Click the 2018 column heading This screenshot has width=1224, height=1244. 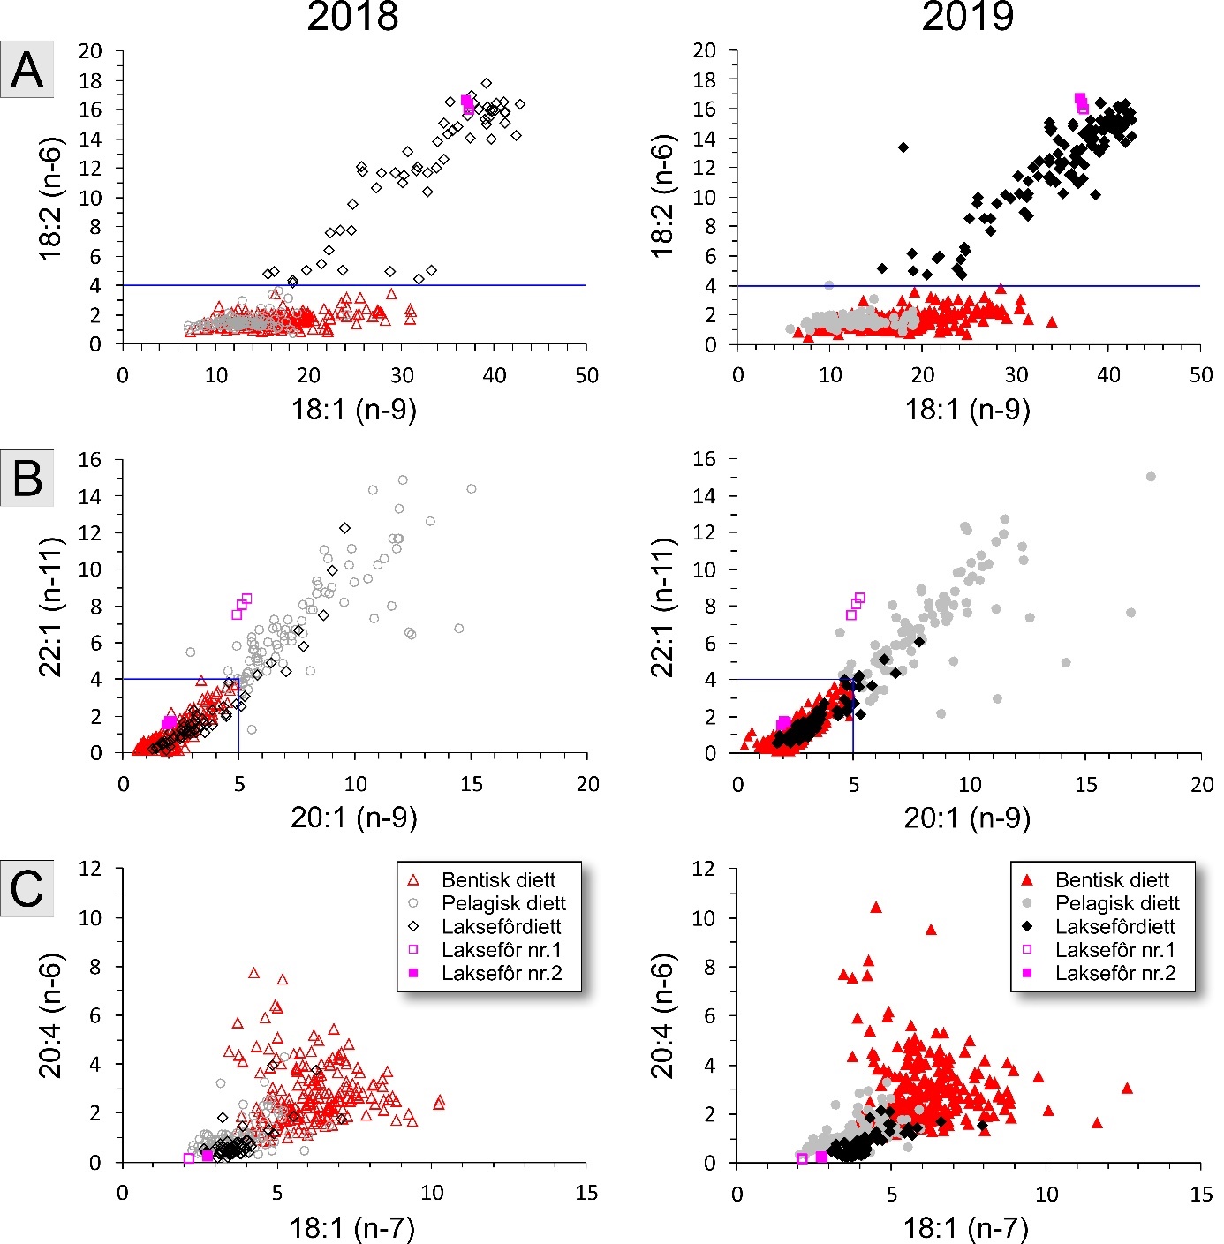pyautogui.click(x=352, y=18)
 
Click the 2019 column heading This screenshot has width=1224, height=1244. pyautogui.click(x=967, y=18)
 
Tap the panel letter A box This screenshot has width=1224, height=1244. pyautogui.click(x=27, y=70)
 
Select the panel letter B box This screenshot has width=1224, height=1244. pyautogui.click(x=27, y=478)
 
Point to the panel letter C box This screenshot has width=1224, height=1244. pyautogui.click(x=27, y=888)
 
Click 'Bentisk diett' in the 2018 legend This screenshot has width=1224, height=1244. pyautogui.click(x=498, y=880)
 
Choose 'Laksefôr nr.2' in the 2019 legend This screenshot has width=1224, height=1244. pyautogui.click(x=1115, y=973)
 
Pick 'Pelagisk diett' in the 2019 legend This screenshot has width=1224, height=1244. pyautogui.click(x=1117, y=903)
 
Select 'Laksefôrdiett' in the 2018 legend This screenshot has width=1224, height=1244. pyautogui.click(x=501, y=927)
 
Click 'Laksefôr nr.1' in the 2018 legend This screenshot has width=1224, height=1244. pyautogui.click(x=501, y=950)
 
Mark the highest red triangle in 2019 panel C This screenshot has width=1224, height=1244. pyautogui.click(x=876, y=908)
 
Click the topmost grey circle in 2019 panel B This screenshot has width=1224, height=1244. pyautogui.click(x=1151, y=477)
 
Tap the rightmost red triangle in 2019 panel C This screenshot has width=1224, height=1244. pyautogui.click(x=1127, y=1089)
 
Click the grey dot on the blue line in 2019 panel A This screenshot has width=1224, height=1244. pyautogui.click(x=828, y=285)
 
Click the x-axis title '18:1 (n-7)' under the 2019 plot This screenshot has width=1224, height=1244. pyautogui.click(x=965, y=1227)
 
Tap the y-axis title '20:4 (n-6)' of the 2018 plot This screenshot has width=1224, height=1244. pyautogui.click(x=51, y=1015)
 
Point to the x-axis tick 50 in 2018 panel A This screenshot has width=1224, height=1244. pyautogui.click(x=586, y=376)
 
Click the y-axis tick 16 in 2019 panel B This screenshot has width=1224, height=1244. pyautogui.click(x=706, y=459)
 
